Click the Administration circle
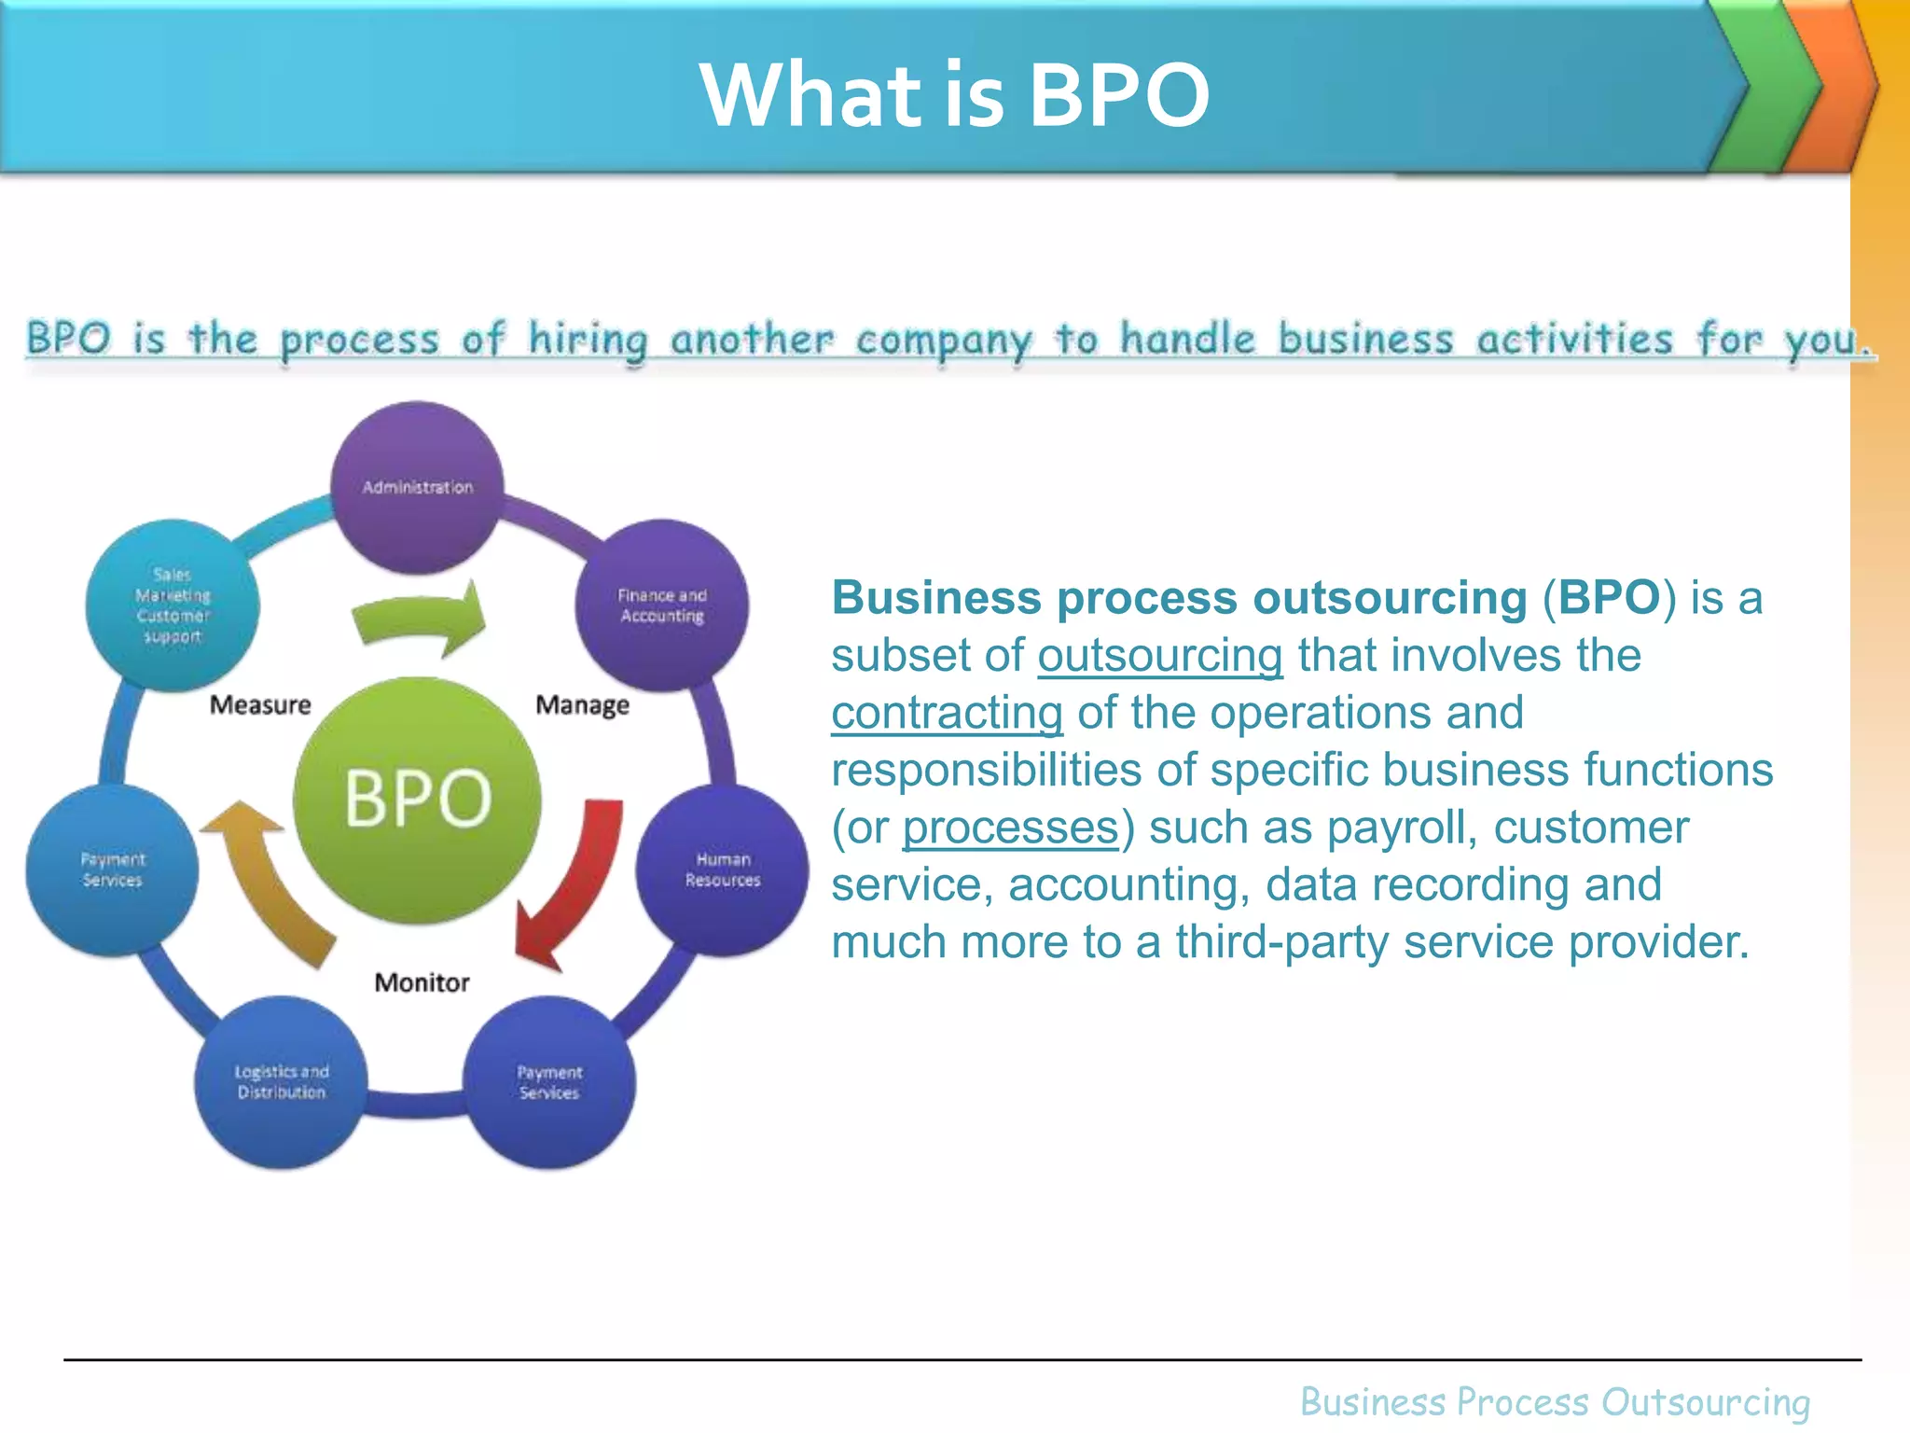tap(418, 487)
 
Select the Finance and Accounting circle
tap(662, 605)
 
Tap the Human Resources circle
tap(723, 870)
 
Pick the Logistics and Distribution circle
tap(281, 1082)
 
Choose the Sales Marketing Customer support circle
tap(173, 605)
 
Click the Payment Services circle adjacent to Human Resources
tap(549, 1082)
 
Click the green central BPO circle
tap(417, 800)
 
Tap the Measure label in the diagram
tap(260, 704)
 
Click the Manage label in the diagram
tap(582, 704)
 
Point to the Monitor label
tap(422, 982)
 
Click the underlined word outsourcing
tap(1160, 655)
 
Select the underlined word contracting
tap(947, 713)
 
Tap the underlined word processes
tap(1010, 828)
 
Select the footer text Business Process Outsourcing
tap(1555, 1402)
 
